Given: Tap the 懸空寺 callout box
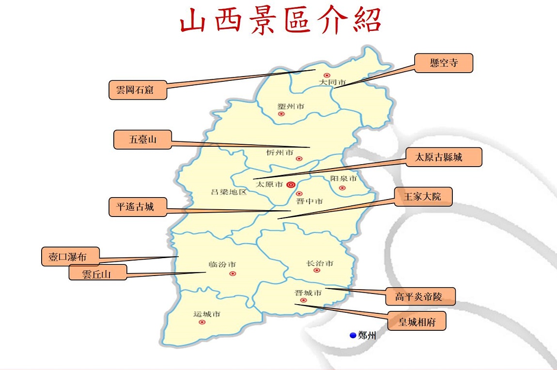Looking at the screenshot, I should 444,63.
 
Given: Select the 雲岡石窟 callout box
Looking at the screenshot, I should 138,90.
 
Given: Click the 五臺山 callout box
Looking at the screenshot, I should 142,140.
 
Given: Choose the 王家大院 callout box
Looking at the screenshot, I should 423,197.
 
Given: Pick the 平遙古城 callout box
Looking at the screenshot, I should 138,207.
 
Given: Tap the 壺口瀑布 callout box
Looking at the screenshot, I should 71,257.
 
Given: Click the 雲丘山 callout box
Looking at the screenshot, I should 97,274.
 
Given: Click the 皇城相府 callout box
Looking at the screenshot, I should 417,322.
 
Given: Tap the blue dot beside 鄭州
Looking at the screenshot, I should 353,335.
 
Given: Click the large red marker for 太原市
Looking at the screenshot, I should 291,185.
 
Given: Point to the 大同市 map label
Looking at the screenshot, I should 332,83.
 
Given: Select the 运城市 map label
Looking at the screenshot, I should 207,314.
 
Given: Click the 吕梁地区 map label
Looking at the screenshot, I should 229,192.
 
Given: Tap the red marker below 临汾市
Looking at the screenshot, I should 232,274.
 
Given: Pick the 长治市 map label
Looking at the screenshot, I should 320,263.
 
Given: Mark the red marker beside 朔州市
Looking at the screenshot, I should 281,114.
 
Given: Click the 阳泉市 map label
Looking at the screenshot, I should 343,179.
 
